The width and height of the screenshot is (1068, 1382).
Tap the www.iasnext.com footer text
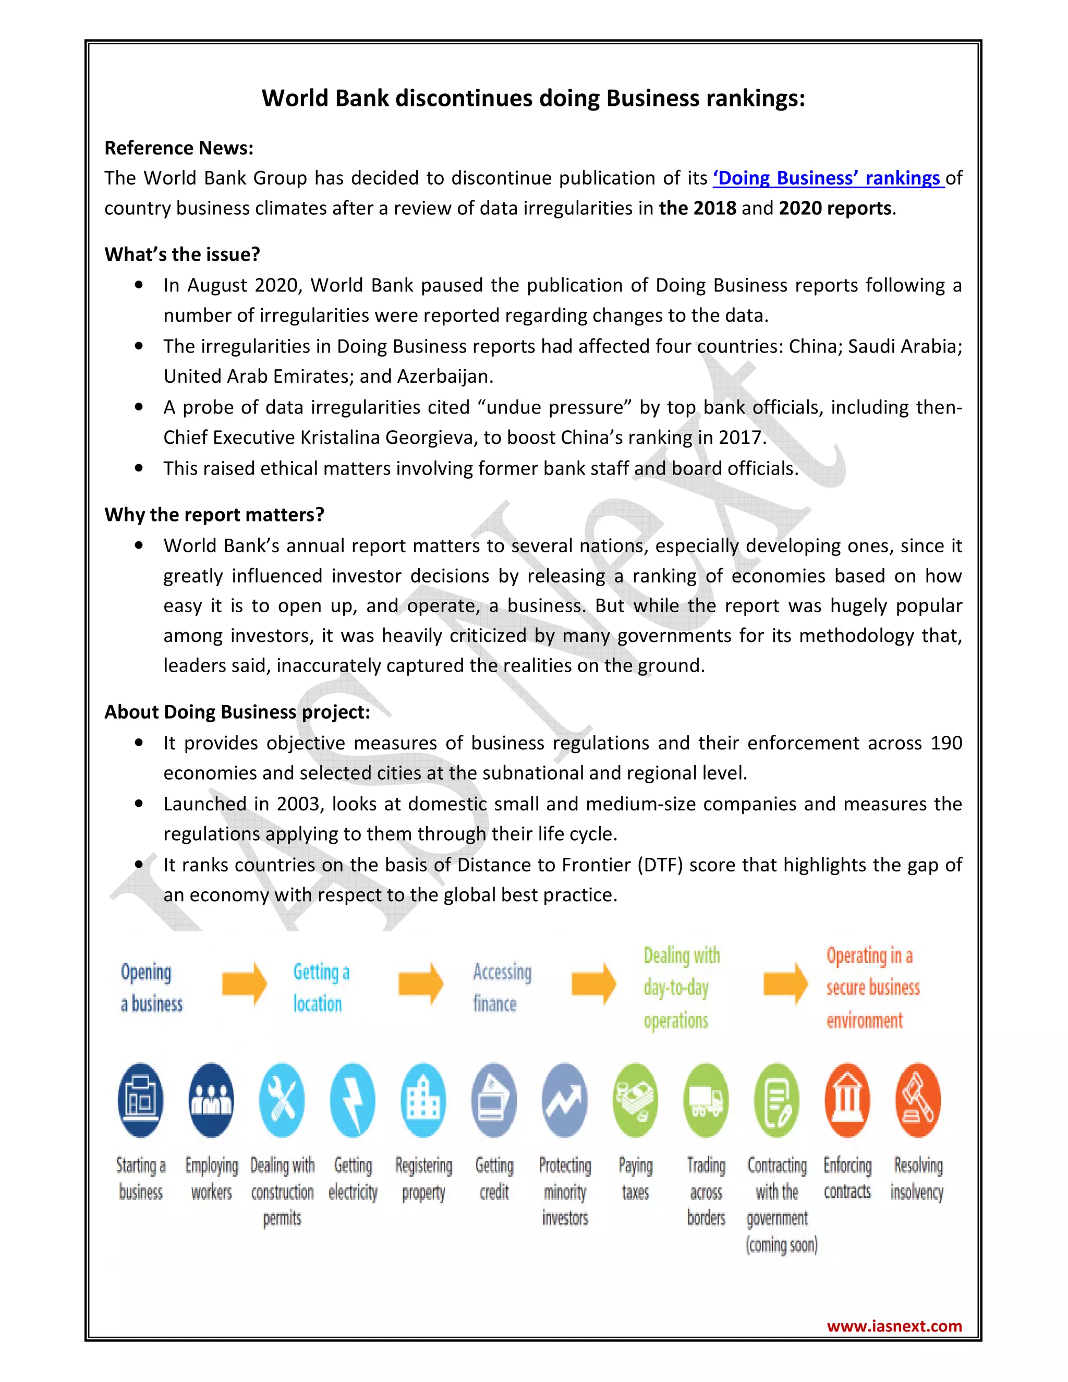[x=894, y=1326]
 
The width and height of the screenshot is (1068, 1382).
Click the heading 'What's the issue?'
[x=182, y=254]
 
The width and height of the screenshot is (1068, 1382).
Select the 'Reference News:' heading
[x=178, y=148]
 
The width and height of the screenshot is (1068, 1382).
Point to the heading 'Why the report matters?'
[x=214, y=514]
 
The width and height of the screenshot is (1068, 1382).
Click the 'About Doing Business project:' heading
[x=237, y=712]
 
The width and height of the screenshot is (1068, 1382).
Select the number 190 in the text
[x=945, y=743]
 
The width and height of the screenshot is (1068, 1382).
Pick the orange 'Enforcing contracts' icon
[x=847, y=1100]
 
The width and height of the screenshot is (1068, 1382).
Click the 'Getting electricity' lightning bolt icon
[x=353, y=1100]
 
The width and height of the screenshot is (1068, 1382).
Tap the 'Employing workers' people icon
[x=211, y=1100]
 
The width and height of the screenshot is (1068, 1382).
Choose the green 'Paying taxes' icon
[x=635, y=1100]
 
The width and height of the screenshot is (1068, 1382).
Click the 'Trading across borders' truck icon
[x=706, y=1100]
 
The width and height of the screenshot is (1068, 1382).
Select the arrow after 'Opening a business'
[x=244, y=984]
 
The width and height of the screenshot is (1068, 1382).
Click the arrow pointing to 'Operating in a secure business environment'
[x=785, y=984]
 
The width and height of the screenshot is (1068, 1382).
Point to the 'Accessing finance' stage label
[x=502, y=987]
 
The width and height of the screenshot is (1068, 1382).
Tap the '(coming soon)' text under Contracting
[x=781, y=1245]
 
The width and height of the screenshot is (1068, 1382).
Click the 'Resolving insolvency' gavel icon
[x=918, y=1100]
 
